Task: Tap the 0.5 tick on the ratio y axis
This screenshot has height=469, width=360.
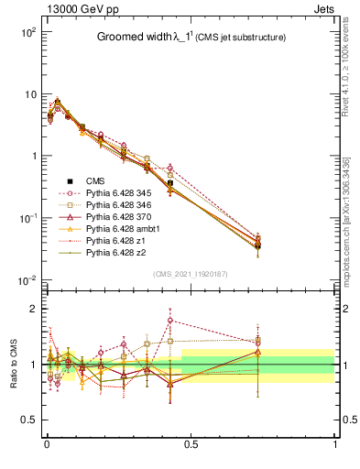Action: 28,420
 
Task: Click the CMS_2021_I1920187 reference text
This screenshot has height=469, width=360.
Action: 191,274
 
